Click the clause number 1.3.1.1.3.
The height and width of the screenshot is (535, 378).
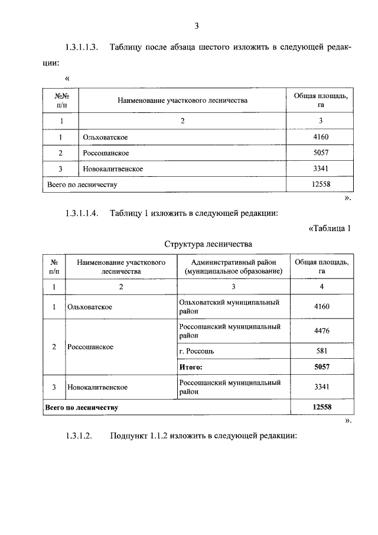pyautogui.click(x=82, y=47)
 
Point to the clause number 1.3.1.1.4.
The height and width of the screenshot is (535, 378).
pyautogui.click(x=82, y=213)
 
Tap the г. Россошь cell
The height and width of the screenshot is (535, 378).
pyautogui.click(x=196, y=351)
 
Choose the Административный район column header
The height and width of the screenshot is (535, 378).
pyautogui.click(x=233, y=266)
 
